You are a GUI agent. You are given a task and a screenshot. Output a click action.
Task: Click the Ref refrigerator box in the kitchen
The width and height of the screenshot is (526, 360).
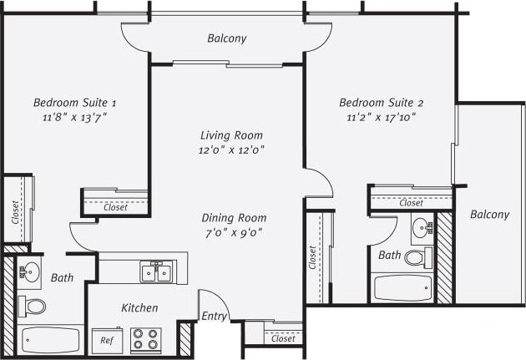(x=108, y=340)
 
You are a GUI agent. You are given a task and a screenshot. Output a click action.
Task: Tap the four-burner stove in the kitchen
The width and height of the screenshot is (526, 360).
(x=145, y=340)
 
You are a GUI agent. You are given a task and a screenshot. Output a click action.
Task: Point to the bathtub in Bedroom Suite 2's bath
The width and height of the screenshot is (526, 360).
(x=402, y=289)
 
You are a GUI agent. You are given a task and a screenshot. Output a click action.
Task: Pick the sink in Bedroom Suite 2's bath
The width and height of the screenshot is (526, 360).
(x=421, y=226)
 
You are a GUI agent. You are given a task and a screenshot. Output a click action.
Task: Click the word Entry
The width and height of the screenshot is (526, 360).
(x=215, y=316)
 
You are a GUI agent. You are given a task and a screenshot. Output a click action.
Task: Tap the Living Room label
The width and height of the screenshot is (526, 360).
(x=231, y=134)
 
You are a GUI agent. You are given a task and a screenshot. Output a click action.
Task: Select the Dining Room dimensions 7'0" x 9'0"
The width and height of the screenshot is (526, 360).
(x=234, y=233)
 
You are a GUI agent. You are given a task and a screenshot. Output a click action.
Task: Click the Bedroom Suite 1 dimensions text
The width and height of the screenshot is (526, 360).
(x=75, y=117)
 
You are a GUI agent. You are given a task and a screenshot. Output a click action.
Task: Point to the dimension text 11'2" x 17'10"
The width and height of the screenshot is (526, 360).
(x=382, y=117)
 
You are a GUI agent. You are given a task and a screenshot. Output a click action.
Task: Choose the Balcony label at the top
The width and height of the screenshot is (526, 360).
(x=226, y=38)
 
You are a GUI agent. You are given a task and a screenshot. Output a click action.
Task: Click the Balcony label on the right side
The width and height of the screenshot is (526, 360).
(x=489, y=215)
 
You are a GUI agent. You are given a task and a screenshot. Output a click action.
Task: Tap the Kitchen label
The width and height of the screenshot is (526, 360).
(x=139, y=308)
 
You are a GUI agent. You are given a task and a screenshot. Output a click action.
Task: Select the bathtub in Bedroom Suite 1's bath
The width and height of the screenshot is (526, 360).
(x=51, y=339)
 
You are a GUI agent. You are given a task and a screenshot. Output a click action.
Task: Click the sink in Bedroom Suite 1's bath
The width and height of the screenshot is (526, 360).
(x=31, y=271)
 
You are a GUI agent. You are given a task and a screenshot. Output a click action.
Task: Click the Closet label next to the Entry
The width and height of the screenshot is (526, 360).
(x=283, y=338)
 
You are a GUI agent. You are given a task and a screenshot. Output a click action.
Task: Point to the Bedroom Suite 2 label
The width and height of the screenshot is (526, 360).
(x=382, y=103)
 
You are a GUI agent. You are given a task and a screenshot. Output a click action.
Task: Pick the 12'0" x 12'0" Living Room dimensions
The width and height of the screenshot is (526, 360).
(x=231, y=150)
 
